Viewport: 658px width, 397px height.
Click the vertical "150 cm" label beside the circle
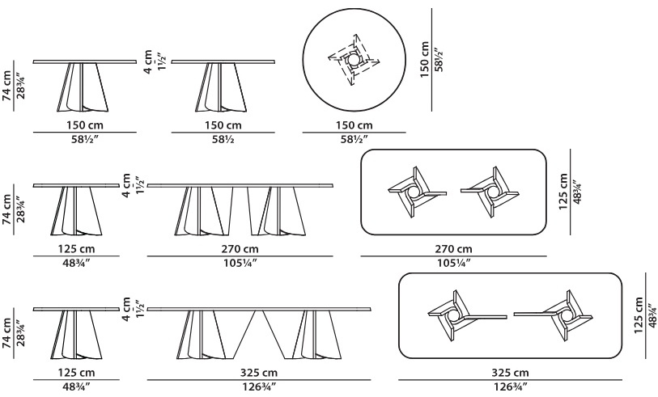point(425,59)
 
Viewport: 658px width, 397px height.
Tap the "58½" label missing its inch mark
point(223,139)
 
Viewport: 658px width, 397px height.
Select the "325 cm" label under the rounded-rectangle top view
point(510,373)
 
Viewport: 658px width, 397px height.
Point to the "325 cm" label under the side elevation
point(259,373)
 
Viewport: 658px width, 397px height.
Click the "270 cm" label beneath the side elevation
point(240,249)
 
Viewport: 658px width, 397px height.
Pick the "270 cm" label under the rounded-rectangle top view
point(453,249)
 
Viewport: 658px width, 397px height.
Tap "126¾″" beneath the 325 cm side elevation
point(259,386)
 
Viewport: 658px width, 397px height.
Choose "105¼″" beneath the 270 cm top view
point(453,263)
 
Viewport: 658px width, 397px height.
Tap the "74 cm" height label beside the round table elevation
point(7,86)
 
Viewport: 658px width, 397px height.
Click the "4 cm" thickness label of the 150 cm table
point(148,62)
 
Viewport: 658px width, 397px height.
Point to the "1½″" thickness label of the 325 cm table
point(139,310)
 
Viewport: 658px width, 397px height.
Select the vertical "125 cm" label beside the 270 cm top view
point(563,191)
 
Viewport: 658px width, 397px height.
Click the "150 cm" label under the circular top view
point(354,125)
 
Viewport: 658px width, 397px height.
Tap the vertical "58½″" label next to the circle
point(439,59)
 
